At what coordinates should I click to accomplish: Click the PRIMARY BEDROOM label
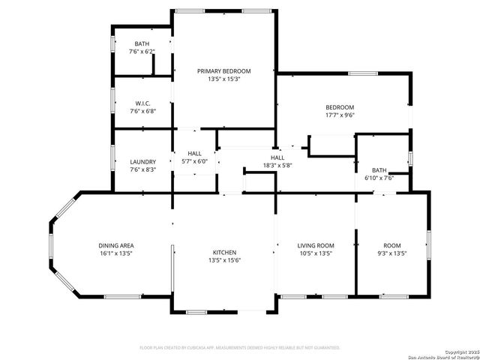tap(223, 71)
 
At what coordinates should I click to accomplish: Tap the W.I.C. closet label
tap(142, 103)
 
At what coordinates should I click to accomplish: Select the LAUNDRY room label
tap(142, 162)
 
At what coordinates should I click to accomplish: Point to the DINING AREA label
tap(116, 245)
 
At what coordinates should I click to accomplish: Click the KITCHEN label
tap(224, 253)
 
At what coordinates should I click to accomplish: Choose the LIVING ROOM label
tap(315, 245)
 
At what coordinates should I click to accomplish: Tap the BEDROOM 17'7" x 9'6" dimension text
tap(340, 115)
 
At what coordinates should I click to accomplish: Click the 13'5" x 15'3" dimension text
tap(224, 79)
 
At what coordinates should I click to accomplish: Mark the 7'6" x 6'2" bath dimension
tap(142, 52)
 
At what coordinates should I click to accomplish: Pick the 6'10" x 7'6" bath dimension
tap(379, 178)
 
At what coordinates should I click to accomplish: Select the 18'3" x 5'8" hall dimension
tap(277, 165)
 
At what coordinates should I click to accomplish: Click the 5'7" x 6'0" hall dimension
tap(195, 161)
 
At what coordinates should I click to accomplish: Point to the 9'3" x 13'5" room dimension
tap(392, 253)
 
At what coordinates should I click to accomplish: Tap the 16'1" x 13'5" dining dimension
tap(116, 253)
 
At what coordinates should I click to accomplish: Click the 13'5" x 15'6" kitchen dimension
tap(224, 260)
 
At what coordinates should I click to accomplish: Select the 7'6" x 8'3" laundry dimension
tap(142, 169)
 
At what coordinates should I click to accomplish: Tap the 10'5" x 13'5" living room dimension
tap(315, 253)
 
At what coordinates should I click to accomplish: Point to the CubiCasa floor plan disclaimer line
tap(240, 348)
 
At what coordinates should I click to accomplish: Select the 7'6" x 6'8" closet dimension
tap(142, 111)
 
